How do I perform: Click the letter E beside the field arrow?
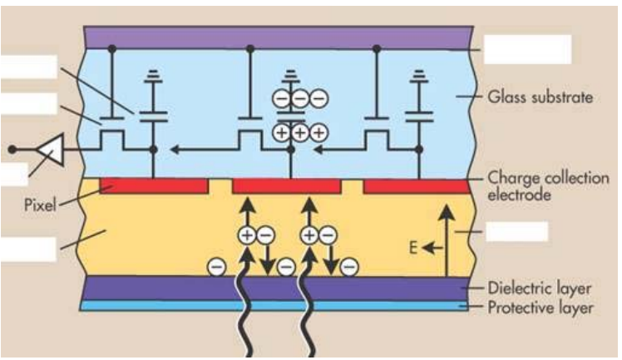411,246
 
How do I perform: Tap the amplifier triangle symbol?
49,150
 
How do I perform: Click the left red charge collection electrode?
153,185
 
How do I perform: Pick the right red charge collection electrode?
417,185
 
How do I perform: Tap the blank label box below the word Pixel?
27,248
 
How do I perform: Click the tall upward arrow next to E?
447,241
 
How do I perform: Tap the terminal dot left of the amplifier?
12,150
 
